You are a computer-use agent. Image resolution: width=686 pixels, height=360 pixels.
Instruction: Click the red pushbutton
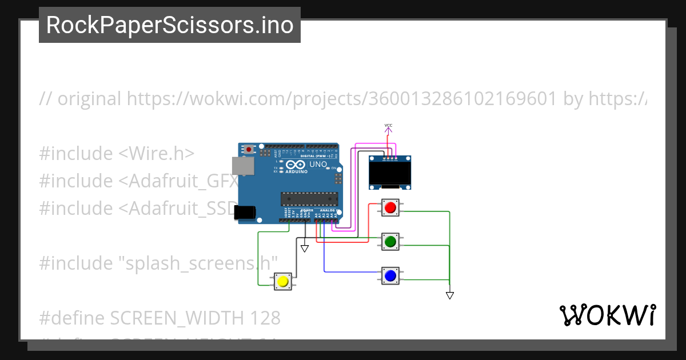tap(390, 207)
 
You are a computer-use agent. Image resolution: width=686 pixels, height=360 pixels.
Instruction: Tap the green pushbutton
tap(390, 242)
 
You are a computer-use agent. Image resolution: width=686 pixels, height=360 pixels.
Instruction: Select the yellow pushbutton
tap(282, 281)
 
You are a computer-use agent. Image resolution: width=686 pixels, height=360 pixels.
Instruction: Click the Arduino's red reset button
tap(250, 149)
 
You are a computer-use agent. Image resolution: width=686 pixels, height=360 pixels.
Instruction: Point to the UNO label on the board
tap(318, 165)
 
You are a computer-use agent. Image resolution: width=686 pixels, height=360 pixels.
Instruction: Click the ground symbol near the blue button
tap(450, 295)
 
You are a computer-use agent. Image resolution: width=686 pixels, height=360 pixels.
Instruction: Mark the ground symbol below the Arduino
tap(305, 248)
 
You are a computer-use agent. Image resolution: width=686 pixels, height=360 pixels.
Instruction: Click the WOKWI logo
tap(608, 315)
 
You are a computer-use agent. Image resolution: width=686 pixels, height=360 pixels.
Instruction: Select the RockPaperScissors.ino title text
tap(170, 25)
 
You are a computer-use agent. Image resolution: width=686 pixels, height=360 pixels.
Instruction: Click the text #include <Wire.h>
tap(117, 154)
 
